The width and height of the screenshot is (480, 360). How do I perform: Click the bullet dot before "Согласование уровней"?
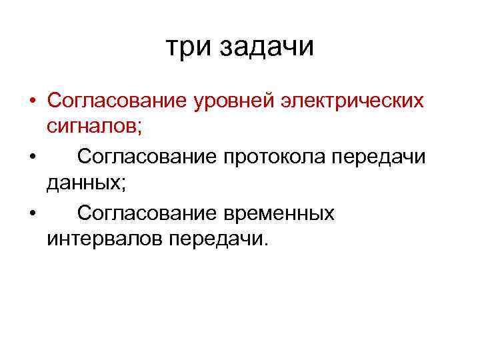[x=32, y=101]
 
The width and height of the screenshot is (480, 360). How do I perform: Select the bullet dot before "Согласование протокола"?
[x=32, y=157]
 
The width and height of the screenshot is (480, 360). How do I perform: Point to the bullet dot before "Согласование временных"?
[x=32, y=214]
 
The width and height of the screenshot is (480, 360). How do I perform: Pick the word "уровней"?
[x=234, y=102]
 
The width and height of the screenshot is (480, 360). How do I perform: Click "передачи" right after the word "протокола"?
[x=379, y=159]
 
